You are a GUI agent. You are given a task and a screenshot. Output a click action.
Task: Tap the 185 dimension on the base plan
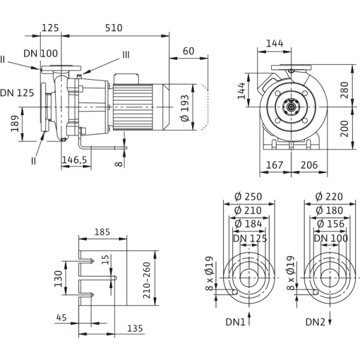[103, 230]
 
